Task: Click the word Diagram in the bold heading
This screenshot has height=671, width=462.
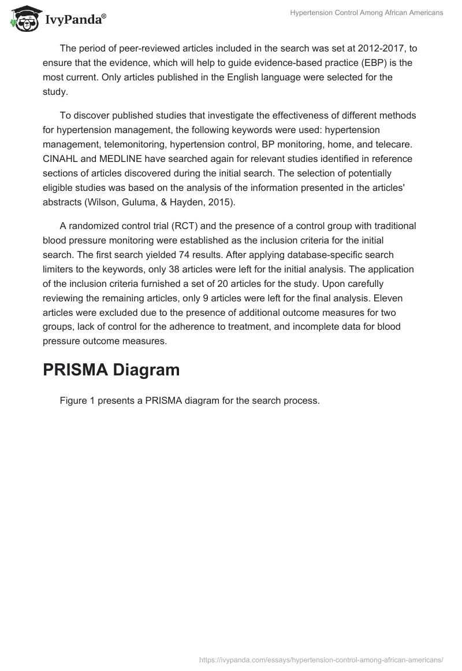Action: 145,370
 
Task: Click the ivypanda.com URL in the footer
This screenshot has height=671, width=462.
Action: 321,659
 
